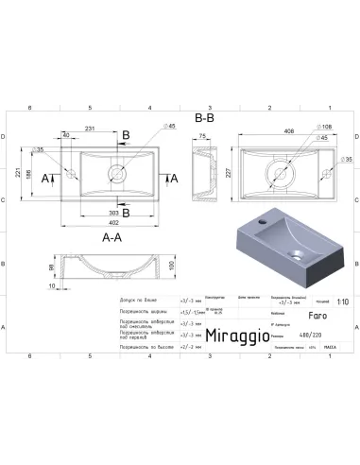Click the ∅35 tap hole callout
pos(39,149)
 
